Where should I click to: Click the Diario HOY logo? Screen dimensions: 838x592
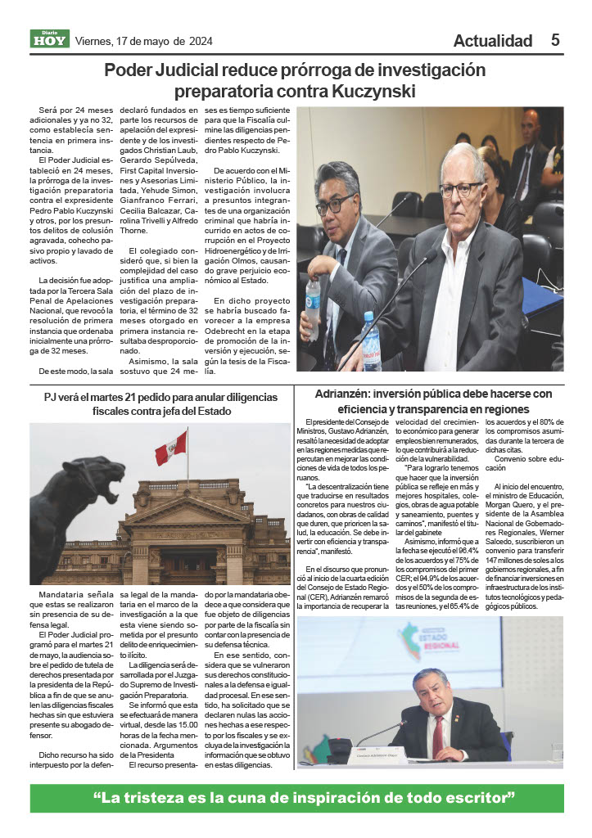point(50,38)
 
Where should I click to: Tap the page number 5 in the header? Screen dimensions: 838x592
point(554,40)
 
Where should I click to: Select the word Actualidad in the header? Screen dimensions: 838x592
point(492,41)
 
